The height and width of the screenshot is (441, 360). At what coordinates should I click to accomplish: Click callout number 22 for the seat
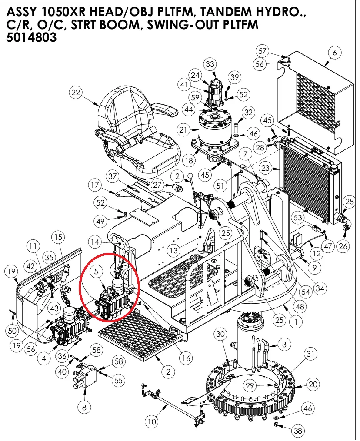click(76, 93)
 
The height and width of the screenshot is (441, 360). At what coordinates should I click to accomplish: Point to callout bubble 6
click(334, 53)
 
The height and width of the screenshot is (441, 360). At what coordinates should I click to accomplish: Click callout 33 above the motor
click(210, 65)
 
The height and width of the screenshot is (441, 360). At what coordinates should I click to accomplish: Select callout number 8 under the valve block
click(84, 407)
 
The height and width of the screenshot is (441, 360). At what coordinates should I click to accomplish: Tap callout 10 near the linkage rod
click(151, 421)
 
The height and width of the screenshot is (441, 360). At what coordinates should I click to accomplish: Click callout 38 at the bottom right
click(298, 431)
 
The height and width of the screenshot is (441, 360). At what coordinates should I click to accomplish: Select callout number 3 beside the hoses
click(284, 345)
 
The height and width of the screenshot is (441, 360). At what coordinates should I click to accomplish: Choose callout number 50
click(13, 331)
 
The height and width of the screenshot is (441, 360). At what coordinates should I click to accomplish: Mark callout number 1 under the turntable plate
click(296, 322)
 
